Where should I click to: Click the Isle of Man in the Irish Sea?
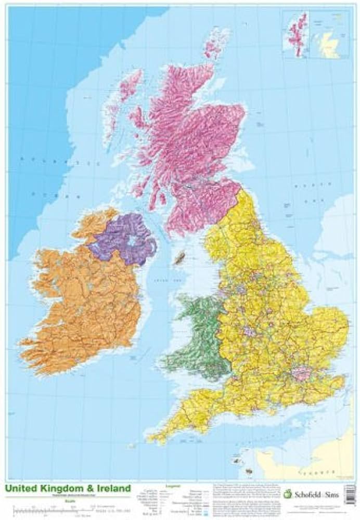181,257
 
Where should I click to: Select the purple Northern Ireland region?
122,237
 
